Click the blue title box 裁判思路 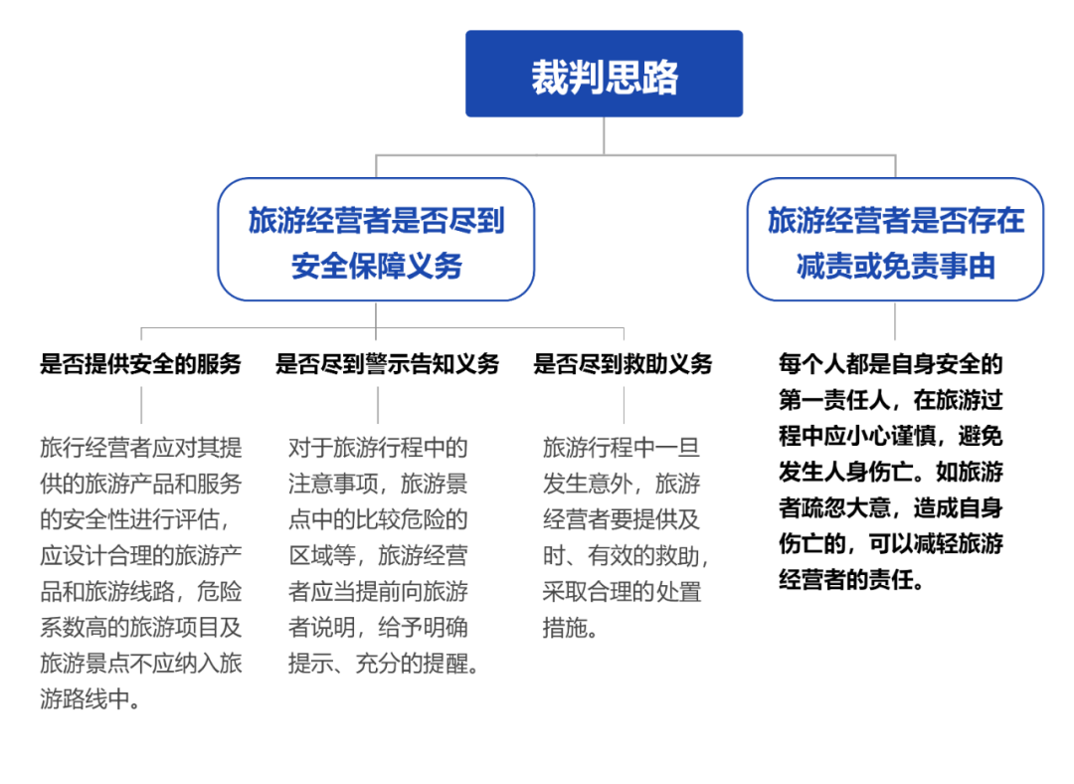[x=604, y=75]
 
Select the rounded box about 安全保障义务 [x=376, y=240]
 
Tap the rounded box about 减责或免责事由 [x=895, y=240]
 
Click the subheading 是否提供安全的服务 [x=140, y=364]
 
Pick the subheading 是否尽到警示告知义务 [x=387, y=364]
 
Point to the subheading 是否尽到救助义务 [x=623, y=364]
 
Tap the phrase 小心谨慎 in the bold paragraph [x=896, y=436]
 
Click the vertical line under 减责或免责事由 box [x=895, y=320]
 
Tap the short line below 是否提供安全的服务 [x=140, y=404]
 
